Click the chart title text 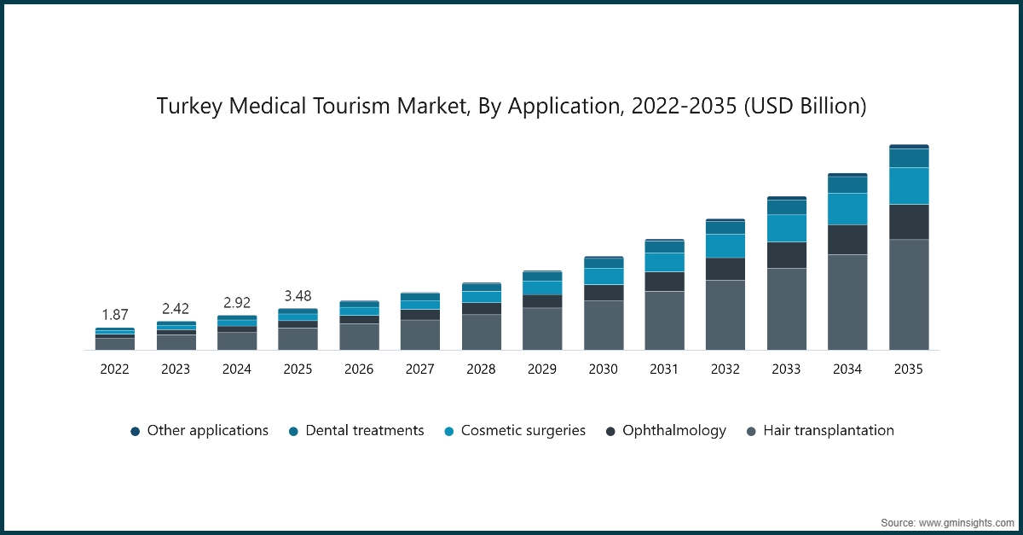tap(511, 107)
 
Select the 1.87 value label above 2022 tap(114, 315)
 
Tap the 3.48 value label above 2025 tap(298, 296)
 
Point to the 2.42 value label tap(176, 308)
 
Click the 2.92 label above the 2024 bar tap(236, 303)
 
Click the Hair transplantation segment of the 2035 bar tap(909, 294)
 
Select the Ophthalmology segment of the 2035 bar tap(909, 222)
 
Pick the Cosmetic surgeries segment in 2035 tap(909, 186)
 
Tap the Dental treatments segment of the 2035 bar tap(909, 158)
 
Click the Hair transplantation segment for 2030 tap(604, 325)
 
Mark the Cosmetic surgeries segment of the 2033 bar tap(787, 228)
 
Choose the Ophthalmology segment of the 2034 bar tap(847, 240)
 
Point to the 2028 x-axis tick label tap(481, 369)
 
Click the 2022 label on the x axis tap(114, 369)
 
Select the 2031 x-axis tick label tap(664, 369)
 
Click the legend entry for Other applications tap(207, 431)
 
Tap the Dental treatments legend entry tap(364, 431)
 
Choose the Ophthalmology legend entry tap(673, 431)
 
